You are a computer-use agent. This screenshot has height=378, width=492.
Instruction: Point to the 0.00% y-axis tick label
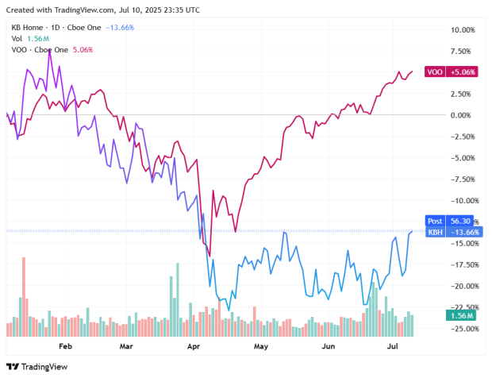click(463, 115)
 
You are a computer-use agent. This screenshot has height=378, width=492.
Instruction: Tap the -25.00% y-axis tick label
click(460, 329)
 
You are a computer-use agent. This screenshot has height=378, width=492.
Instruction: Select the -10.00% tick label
click(460, 201)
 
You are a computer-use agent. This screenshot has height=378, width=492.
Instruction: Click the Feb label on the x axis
click(65, 347)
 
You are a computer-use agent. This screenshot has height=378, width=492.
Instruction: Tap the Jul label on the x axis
click(392, 347)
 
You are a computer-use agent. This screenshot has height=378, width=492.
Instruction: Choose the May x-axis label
click(261, 347)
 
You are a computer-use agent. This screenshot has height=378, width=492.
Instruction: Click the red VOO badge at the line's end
click(435, 71)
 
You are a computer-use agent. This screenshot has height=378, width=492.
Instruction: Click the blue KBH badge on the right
click(435, 232)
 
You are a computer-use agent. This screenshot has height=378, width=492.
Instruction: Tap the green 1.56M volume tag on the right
click(461, 316)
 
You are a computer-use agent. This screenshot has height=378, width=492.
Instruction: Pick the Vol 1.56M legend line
click(29, 38)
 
